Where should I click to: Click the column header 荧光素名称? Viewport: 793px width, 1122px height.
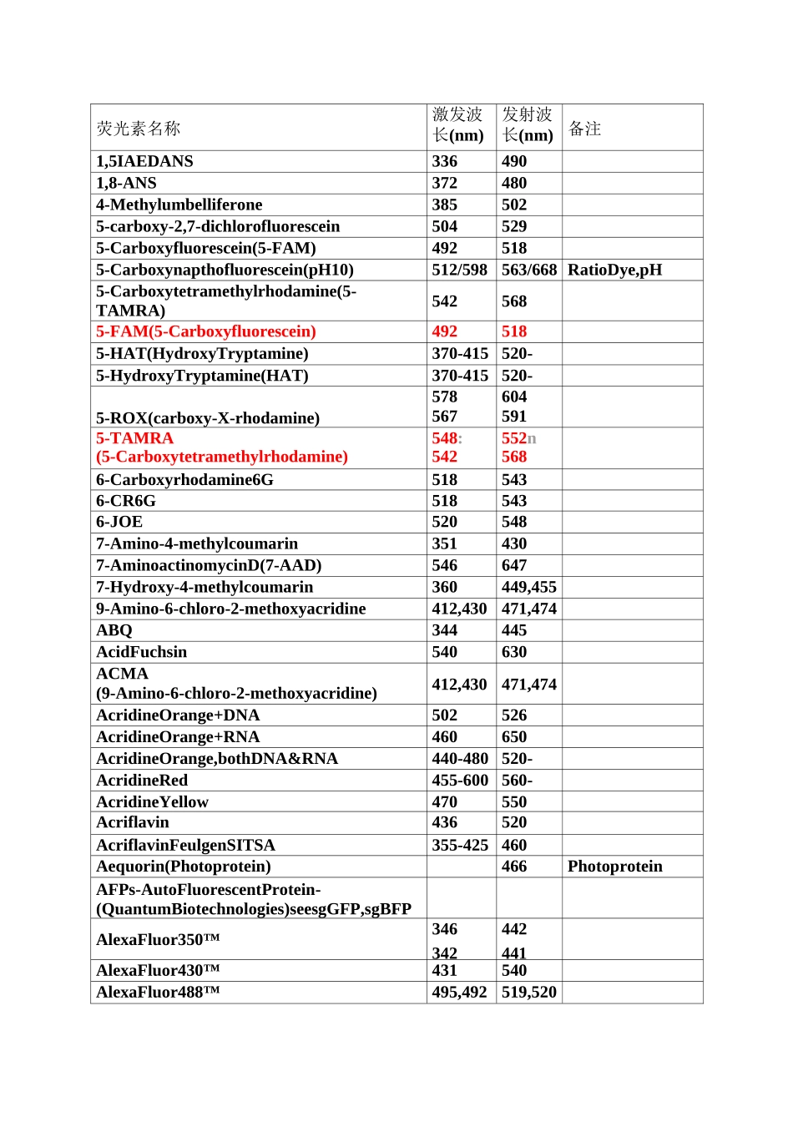139,129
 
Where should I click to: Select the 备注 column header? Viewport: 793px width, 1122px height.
584,129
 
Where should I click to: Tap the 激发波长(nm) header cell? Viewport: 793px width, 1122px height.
458,125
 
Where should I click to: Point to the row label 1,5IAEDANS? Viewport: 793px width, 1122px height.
144,161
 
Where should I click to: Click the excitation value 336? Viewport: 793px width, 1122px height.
444,161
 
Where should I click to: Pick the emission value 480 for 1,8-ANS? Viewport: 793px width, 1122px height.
514,183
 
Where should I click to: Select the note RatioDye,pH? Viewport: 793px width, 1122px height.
614,270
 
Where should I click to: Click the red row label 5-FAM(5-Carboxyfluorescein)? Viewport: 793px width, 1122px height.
205,331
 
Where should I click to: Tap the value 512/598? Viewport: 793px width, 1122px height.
459,270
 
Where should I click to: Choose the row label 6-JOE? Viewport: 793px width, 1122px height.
119,522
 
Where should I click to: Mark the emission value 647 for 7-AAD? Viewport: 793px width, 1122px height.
514,565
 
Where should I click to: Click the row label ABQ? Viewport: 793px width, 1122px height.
114,630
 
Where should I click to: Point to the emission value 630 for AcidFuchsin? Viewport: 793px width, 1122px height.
514,652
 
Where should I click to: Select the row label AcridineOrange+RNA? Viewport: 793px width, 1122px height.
178,737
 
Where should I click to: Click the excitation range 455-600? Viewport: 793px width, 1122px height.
460,781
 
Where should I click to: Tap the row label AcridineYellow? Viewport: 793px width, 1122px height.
152,802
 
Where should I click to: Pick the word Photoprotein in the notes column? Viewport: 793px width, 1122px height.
614,867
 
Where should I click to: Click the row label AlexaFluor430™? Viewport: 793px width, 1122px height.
158,971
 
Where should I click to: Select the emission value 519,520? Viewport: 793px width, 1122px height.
528,993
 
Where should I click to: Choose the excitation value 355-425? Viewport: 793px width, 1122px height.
460,846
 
